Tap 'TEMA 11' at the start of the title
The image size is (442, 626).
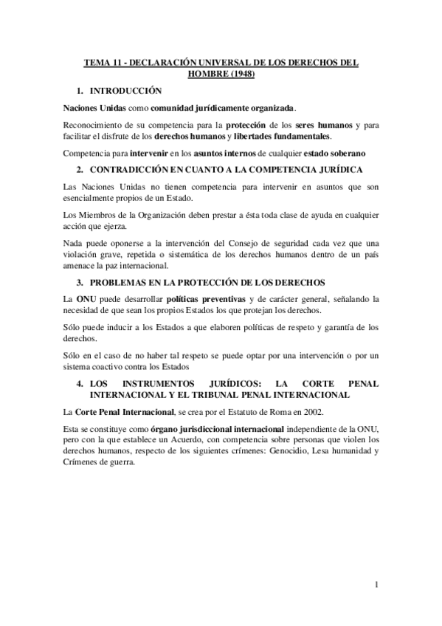point(100,63)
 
